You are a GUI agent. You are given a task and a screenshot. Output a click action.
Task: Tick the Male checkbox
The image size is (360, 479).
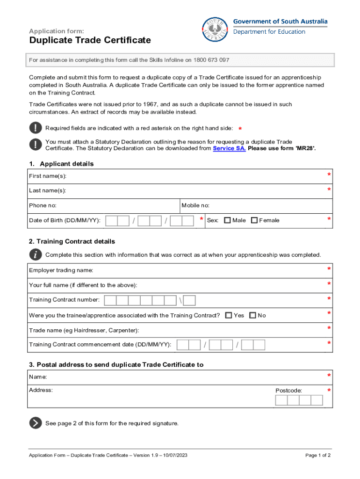228,220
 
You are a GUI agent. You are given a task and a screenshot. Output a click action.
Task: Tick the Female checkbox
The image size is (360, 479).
254,220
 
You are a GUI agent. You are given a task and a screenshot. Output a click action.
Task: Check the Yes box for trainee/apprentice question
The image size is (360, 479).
229,315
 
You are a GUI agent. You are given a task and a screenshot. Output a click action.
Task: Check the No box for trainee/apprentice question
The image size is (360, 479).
253,315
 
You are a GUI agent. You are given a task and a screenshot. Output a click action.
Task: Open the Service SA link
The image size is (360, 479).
229,148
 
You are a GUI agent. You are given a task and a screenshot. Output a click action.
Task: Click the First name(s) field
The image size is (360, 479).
187,176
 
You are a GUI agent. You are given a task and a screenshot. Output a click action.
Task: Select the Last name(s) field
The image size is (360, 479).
187,191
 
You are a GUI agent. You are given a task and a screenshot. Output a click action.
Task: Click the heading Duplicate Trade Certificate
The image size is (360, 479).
90,40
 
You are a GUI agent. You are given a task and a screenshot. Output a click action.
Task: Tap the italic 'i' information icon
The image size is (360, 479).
36,254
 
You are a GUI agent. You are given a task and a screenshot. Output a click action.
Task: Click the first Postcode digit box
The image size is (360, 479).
281,400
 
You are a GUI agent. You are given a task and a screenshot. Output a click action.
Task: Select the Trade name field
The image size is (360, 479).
224,331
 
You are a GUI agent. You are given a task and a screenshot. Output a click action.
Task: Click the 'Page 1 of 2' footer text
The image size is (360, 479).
318,455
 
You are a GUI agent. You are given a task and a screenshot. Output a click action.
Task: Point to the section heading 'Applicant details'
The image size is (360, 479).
66,164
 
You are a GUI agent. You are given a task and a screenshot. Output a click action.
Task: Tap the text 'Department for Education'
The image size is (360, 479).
269,32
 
